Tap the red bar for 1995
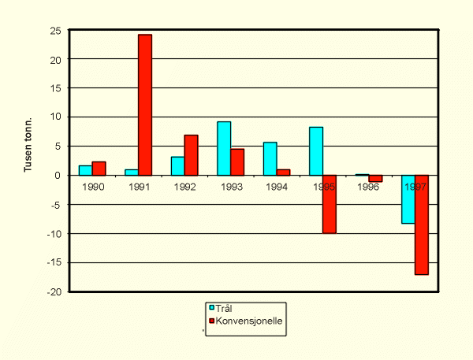[329, 204]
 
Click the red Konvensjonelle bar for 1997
[422, 225]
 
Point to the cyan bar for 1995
[315, 151]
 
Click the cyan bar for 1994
[270, 158]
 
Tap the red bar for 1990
[99, 168]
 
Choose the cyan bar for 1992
[177, 165]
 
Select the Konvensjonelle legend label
[250, 321]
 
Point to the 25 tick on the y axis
[56, 30]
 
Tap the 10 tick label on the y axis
[56, 117]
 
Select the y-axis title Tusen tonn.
[28, 147]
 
